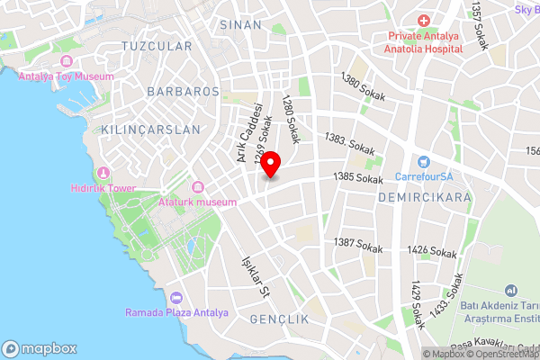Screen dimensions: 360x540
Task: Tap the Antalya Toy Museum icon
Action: pyautogui.click(x=65, y=62)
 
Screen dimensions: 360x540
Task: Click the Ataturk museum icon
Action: pyautogui.click(x=197, y=187)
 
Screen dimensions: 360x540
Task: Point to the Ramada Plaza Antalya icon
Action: pyautogui.click(x=176, y=298)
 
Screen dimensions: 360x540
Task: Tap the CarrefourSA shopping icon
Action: pyautogui.click(x=424, y=161)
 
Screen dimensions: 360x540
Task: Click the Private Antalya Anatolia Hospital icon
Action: pyautogui.click(x=424, y=21)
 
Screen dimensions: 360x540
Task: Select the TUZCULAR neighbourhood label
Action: pyautogui.click(x=157, y=46)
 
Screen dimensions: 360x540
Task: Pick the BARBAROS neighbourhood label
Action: pyautogui.click(x=184, y=92)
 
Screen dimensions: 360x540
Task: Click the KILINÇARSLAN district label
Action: pyautogui.click(x=151, y=130)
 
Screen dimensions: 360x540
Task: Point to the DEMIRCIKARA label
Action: pyautogui.click(x=426, y=195)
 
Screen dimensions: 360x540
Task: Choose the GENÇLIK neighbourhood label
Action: pyautogui.click(x=279, y=319)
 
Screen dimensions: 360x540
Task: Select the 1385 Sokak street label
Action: pyautogui.click(x=358, y=179)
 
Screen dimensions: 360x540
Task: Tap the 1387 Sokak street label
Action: pyautogui.click(x=358, y=243)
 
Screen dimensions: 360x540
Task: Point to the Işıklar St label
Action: pyautogui.click(x=255, y=276)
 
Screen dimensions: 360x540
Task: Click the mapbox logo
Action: pyautogui.click(x=40, y=348)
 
